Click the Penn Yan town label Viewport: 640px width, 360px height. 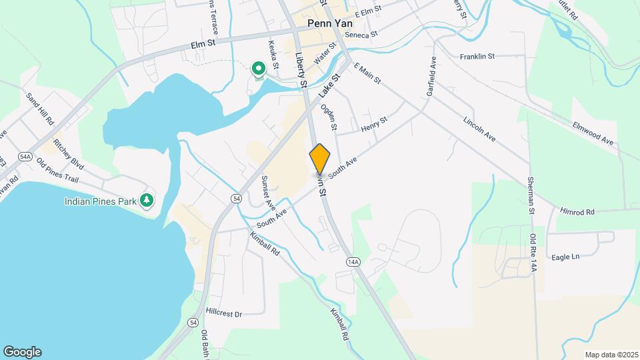[329, 23]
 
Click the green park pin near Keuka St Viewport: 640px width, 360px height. [257, 68]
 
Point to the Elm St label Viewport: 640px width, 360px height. [204, 45]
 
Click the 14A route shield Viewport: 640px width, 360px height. [353, 262]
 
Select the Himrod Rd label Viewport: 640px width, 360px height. [577, 212]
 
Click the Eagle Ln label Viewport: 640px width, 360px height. [565, 257]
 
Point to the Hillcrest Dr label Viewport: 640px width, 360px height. [223, 312]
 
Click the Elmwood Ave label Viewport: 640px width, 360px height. [593, 133]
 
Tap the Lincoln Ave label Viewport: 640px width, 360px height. [479, 128]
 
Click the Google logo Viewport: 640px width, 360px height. [22, 352]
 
